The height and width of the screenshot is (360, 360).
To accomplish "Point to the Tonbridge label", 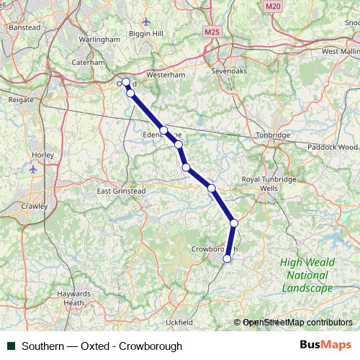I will pos(274,135).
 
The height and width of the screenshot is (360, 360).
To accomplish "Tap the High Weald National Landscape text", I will pos(307,275).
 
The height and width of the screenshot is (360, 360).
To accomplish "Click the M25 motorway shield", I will pos(212,32).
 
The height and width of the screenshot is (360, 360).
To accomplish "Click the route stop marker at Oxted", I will pos(125,82).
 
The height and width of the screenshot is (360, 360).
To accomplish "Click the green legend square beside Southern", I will pos(11,346).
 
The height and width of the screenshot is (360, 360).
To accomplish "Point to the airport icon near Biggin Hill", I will pos(147,21).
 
